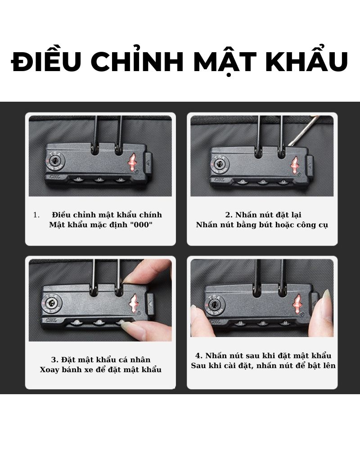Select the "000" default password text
coord(141,225)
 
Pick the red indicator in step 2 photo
coord(294,165)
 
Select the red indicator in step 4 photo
coord(297,303)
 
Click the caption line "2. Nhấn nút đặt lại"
coord(263,215)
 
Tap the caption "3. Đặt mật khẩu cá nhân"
coord(101,360)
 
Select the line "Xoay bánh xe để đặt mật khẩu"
coord(101,369)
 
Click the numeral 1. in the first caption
coord(36,215)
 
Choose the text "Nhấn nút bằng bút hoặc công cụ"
coord(262,225)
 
